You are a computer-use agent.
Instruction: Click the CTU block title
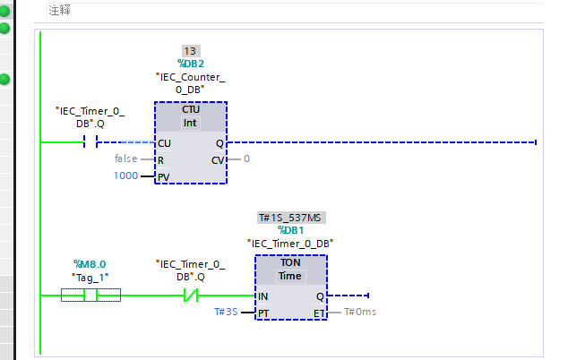(190, 109)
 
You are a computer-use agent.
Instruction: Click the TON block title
(290, 263)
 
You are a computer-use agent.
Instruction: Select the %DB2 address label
(190, 64)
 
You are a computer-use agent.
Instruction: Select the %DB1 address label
(290, 229)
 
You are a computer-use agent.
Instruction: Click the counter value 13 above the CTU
(190, 50)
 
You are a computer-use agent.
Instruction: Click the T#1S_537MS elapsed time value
(290, 217)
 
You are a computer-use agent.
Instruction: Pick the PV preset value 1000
(125, 176)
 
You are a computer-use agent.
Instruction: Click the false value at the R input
(125, 159)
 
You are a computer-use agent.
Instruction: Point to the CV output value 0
(246, 159)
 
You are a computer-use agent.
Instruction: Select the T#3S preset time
(226, 313)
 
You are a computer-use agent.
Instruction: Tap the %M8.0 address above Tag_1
(90, 264)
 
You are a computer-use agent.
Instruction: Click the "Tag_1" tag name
(90, 277)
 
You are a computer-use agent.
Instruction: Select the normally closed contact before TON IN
(190, 296)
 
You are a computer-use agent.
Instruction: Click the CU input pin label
(164, 142)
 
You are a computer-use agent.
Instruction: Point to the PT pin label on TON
(263, 313)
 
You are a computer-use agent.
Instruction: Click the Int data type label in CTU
(190, 123)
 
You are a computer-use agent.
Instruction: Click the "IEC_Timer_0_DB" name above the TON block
(290, 243)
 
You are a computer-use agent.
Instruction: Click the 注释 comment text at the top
(61, 11)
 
